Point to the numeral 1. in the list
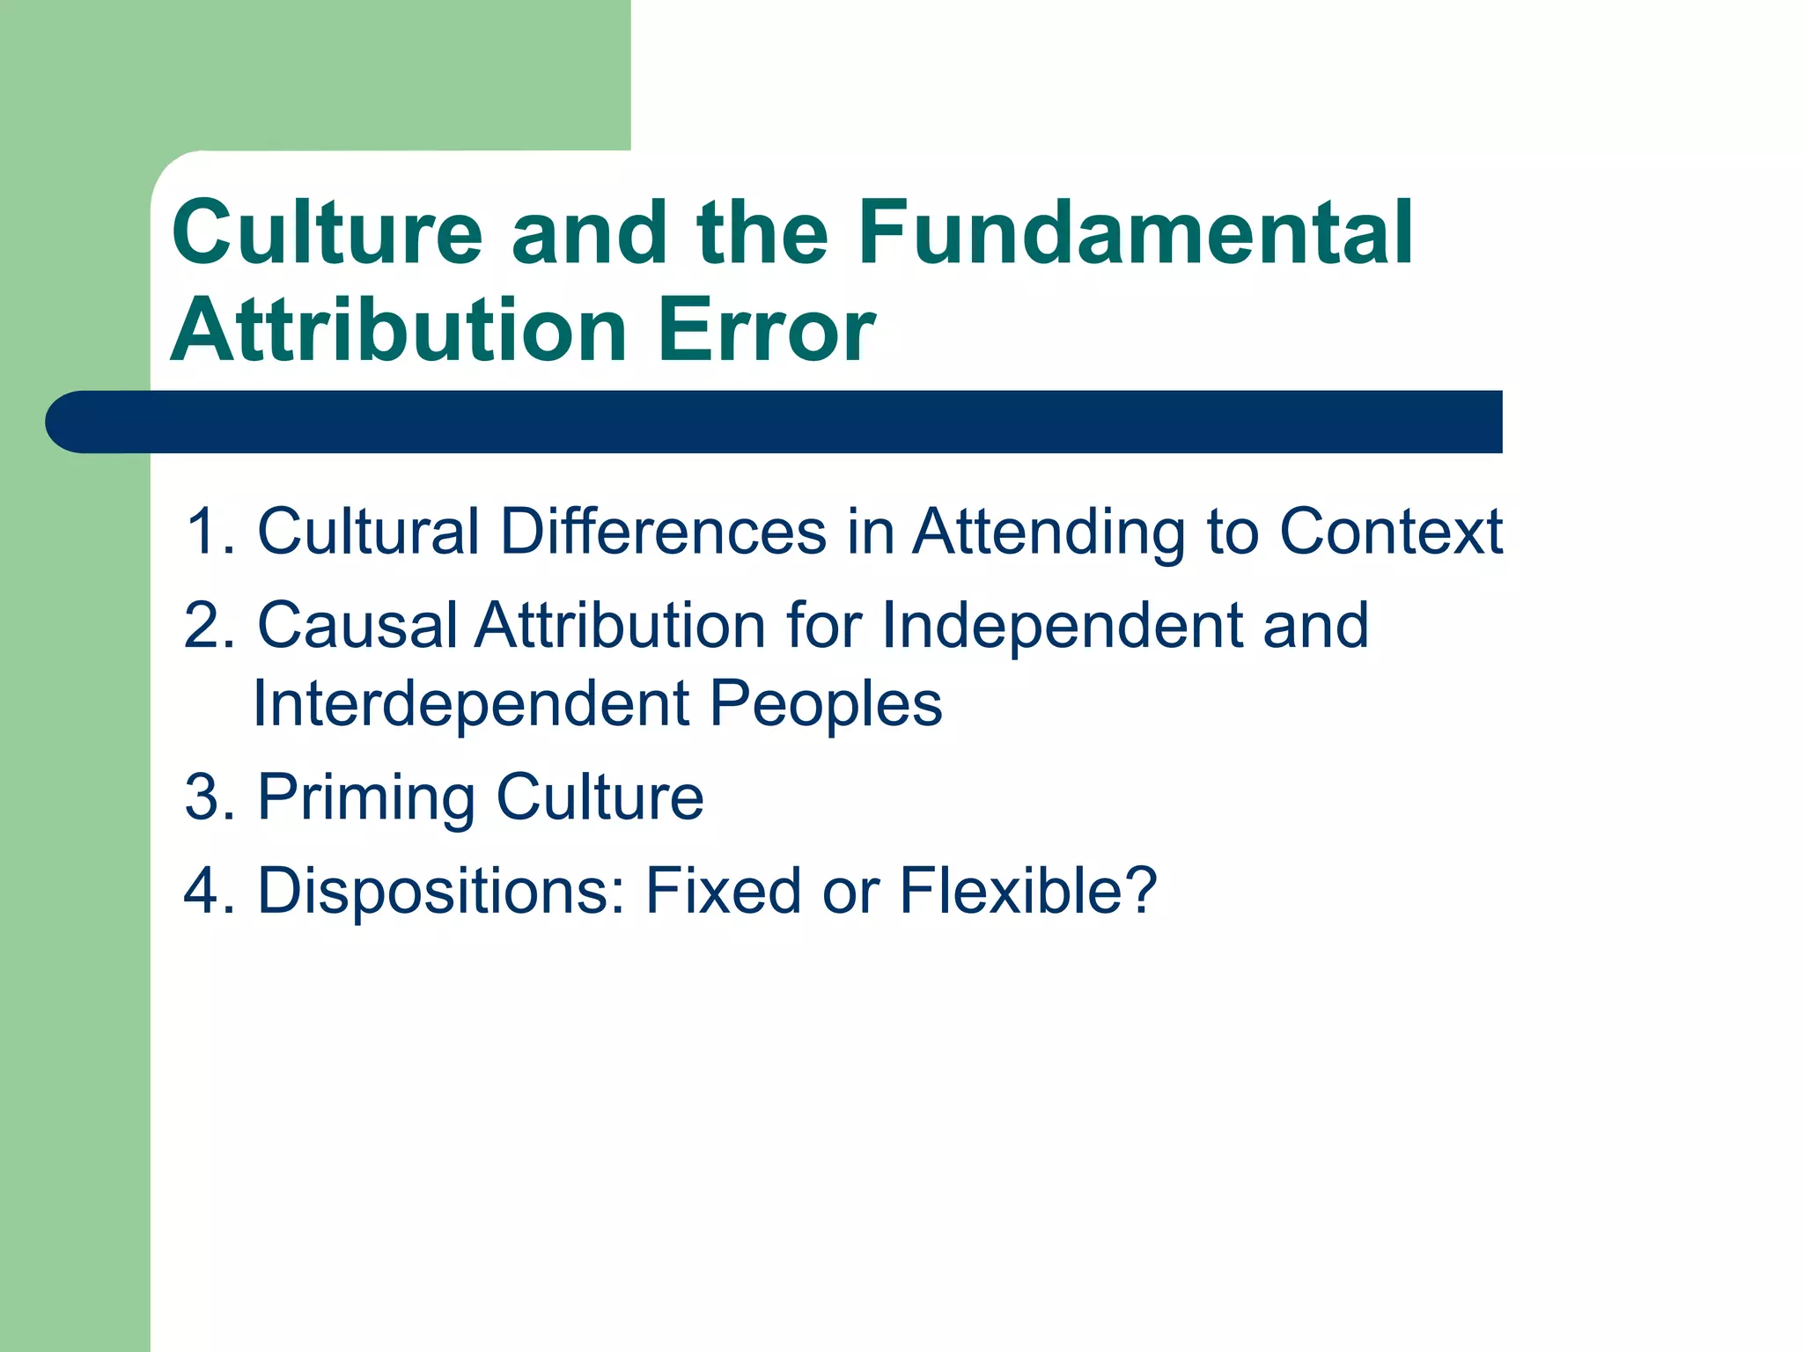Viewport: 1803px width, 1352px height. coord(210,532)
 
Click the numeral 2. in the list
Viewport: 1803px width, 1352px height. coord(210,625)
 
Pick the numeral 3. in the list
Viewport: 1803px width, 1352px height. coord(210,797)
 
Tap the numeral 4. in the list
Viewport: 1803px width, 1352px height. coord(210,891)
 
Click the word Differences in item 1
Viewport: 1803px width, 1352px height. coord(664,532)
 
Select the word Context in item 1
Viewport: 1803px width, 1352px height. coord(1391,532)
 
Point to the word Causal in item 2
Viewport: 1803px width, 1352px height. coord(357,625)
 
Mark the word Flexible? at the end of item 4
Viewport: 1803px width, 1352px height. coord(1028,891)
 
